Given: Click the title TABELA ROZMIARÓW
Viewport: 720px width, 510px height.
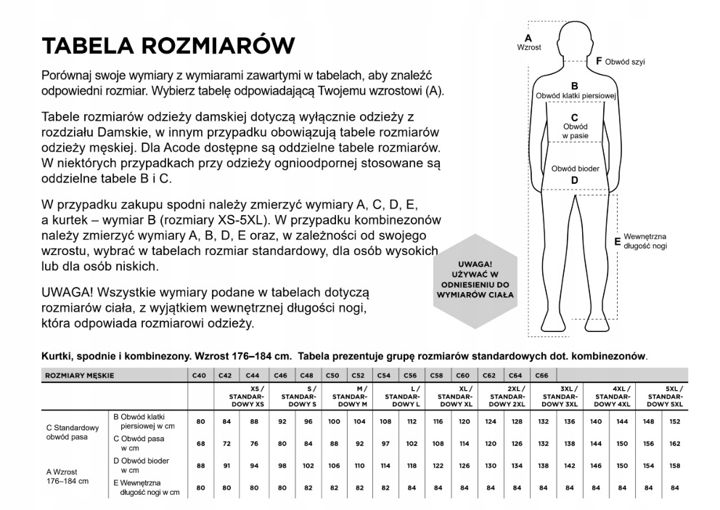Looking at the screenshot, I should tap(168, 46).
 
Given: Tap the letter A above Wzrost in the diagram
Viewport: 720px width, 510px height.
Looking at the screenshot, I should tap(528, 37).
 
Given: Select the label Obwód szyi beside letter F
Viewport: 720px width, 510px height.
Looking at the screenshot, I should tap(625, 62).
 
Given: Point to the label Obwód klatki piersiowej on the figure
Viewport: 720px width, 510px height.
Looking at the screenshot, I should tap(575, 95).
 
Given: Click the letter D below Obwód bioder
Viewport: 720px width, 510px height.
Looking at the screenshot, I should tap(574, 180).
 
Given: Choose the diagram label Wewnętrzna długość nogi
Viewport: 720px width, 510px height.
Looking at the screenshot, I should tap(645, 241).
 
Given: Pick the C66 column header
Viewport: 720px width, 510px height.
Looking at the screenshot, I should tap(541, 375).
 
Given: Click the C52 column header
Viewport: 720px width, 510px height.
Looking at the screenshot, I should tap(358, 375).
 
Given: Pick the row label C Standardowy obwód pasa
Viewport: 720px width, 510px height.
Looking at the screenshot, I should tap(72, 432).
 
